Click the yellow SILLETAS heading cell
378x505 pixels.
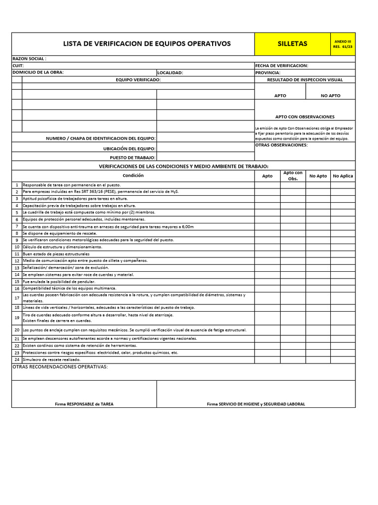[x=292, y=44]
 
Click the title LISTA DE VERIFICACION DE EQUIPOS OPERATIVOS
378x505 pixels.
[x=147, y=44]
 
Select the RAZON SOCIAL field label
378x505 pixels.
[x=30, y=59]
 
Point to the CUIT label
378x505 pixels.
[x=18, y=66]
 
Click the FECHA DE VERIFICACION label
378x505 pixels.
[x=282, y=66]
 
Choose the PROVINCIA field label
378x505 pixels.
[x=268, y=72]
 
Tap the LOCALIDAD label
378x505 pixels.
[x=170, y=72]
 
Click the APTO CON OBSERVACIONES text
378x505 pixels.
[x=305, y=117]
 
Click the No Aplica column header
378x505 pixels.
[x=343, y=176]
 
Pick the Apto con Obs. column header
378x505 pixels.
[x=293, y=176]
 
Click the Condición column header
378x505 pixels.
[x=133, y=176]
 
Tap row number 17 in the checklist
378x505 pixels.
[x=17, y=298]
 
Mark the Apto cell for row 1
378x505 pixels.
[x=267, y=185]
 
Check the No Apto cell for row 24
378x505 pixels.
[x=318, y=360]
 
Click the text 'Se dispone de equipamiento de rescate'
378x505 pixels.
[x=60, y=233]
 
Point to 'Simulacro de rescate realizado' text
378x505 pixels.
[x=52, y=360]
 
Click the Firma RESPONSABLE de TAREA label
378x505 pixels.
[x=84, y=404]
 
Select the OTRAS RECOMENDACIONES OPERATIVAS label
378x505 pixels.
[x=60, y=367]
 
